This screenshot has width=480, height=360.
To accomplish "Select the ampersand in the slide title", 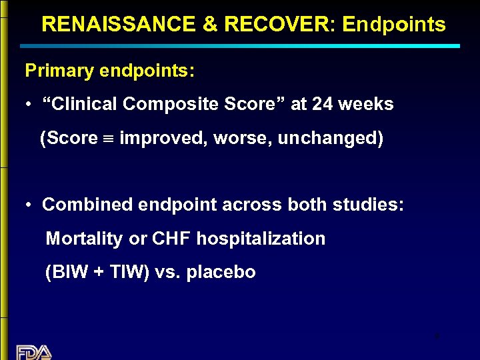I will pos(209,25).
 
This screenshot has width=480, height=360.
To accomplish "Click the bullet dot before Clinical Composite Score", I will pos(29,105).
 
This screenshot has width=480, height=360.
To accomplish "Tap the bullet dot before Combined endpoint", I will pos(29,205).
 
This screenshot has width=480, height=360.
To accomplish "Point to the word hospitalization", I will pos(261,239).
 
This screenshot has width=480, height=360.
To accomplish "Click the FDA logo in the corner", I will pos(34,352).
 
